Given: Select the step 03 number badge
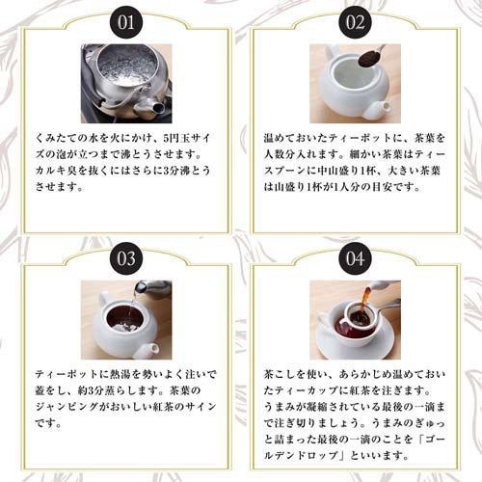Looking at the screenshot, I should (x=125, y=258).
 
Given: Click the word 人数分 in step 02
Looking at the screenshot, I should (x=284, y=155).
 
